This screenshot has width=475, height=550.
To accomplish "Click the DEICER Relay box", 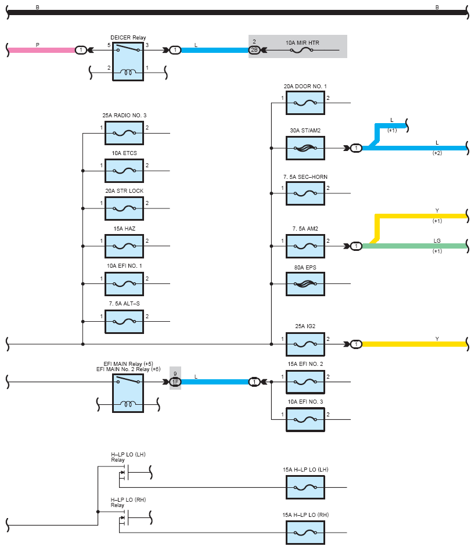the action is (x=128, y=62).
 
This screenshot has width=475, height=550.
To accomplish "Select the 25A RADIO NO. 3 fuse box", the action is (x=124, y=134).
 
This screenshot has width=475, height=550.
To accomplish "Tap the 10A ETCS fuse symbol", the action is (x=124, y=171).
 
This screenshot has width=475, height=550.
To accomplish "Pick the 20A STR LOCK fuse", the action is (x=124, y=209).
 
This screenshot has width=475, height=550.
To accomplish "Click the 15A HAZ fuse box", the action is (x=124, y=246).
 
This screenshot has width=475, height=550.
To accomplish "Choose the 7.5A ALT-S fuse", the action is (x=124, y=322).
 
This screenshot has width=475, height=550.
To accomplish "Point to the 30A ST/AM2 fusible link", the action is (x=305, y=148).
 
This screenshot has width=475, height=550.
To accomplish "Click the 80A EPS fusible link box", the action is (x=305, y=284).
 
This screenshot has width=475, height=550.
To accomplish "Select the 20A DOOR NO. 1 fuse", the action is (x=305, y=103).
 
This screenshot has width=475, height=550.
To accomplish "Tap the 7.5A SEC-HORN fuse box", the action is (x=305, y=193).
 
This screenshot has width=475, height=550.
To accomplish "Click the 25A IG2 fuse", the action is (x=305, y=344).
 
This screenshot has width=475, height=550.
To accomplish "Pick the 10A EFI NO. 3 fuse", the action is (x=305, y=419).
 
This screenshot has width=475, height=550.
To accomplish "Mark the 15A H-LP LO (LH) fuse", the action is (x=305, y=487).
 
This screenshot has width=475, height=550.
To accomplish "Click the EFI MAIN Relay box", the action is (x=128, y=393).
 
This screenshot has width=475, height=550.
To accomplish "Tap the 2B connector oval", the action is (x=254, y=50).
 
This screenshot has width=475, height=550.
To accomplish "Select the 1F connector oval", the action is (x=175, y=382).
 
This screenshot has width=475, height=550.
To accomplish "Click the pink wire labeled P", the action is (x=42, y=50).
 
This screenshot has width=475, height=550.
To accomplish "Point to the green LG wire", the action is (x=414, y=246).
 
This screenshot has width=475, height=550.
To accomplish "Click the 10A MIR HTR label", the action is (x=303, y=43).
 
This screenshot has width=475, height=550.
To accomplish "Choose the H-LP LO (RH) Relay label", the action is (x=128, y=502).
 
